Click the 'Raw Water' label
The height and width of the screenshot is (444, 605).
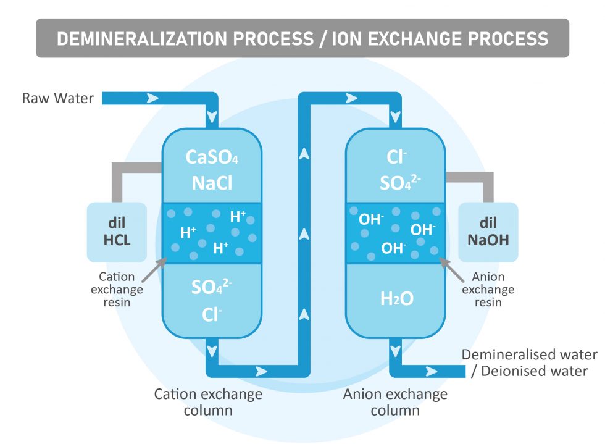(58, 98)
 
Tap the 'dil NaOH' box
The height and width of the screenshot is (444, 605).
(488, 232)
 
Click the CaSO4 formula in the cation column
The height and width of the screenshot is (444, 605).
(212, 157)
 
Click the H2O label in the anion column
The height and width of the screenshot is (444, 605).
(395, 299)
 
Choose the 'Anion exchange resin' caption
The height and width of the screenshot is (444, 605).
(488, 290)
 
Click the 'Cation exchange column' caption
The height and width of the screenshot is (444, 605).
(208, 402)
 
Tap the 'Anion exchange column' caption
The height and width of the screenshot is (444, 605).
(395, 402)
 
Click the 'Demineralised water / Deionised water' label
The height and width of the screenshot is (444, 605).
(530, 363)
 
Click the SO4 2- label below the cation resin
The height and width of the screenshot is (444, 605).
(212, 287)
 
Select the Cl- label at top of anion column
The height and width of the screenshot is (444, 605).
(395, 157)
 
